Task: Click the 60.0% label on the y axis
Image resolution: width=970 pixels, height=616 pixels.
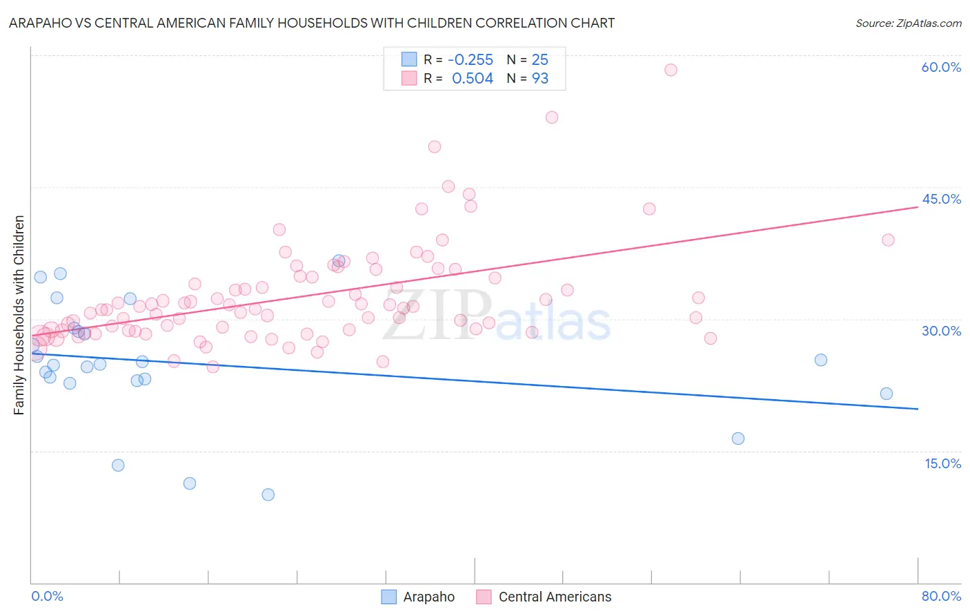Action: [941, 67]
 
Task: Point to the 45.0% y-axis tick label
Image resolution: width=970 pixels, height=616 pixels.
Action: [941, 199]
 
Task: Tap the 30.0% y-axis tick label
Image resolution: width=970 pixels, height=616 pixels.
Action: [941, 331]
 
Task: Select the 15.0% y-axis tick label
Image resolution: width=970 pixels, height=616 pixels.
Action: [942, 463]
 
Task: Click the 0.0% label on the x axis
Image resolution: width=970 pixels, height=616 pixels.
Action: [47, 596]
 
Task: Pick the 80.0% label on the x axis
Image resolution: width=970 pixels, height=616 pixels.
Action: [941, 596]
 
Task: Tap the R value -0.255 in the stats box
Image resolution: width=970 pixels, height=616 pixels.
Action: [471, 59]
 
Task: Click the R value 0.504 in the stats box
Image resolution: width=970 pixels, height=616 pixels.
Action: [473, 79]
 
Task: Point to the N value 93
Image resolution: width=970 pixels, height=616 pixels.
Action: [540, 79]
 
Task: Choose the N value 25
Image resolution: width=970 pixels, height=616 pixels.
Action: [540, 59]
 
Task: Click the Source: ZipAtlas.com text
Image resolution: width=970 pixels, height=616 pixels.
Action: [908, 23]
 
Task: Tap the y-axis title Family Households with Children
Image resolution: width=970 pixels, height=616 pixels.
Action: [19, 315]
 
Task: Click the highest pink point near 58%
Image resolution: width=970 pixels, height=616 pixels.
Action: [671, 70]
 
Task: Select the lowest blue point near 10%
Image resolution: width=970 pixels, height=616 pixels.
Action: [268, 494]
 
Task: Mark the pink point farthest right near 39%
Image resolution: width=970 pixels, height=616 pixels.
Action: [888, 240]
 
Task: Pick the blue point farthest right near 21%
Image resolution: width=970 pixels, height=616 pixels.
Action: [887, 394]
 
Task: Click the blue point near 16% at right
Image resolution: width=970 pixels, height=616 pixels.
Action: [738, 439]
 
